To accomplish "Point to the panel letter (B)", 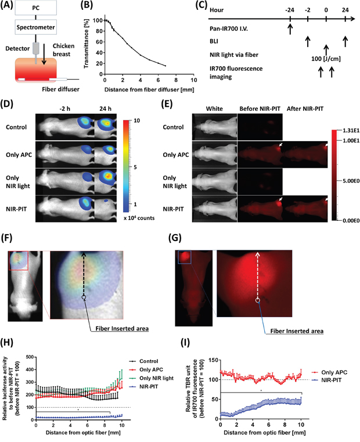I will point(103,6).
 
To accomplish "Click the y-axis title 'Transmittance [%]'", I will point(92,41).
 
